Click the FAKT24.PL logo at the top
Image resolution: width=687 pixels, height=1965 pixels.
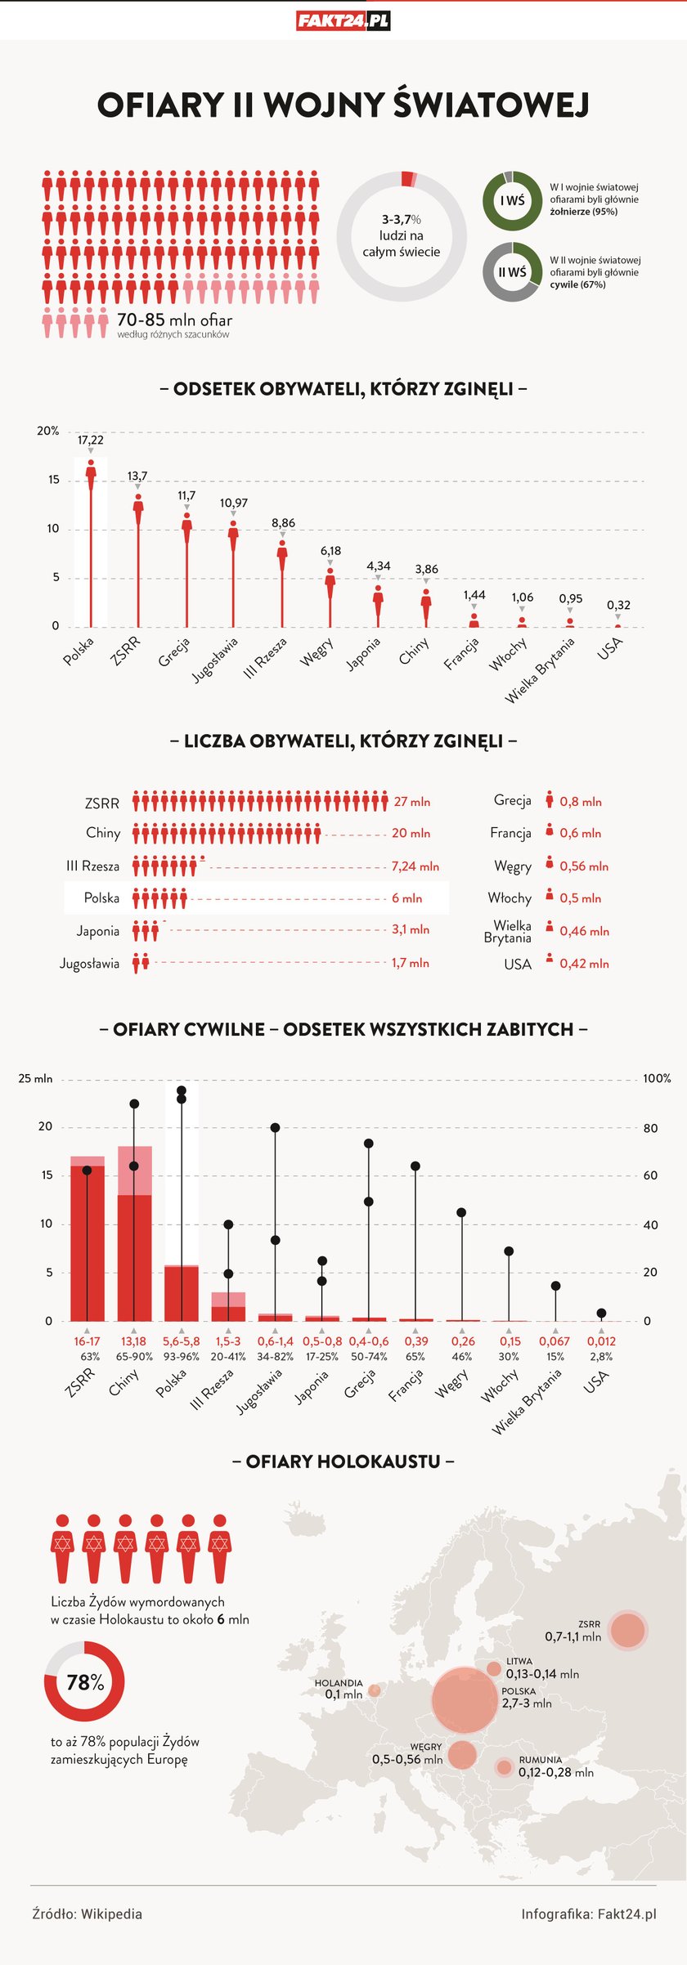[343, 21]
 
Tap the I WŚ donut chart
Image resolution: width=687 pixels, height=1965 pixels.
[512, 200]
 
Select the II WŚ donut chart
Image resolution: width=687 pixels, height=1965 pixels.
[512, 272]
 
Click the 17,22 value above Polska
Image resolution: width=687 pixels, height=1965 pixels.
[91, 441]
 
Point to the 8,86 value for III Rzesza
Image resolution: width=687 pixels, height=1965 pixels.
[283, 523]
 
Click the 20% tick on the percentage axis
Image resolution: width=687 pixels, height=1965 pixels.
[48, 431]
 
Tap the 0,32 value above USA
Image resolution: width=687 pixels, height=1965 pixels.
[618, 605]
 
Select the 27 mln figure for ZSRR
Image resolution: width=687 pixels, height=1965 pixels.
[411, 802]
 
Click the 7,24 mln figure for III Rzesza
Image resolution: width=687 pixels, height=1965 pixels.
[415, 866]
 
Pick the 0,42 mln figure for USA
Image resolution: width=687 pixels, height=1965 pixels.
[584, 964]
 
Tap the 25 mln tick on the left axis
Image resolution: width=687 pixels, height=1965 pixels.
[35, 1079]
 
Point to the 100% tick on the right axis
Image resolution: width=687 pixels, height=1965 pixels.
[657, 1079]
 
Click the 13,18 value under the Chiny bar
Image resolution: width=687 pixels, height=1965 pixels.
[133, 1341]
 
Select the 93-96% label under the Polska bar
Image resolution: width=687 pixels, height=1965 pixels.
[181, 1357]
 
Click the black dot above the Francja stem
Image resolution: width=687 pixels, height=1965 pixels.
[415, 1166]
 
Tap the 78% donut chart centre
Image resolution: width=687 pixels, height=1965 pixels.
[85, 1682]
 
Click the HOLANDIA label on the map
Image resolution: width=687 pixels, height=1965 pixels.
[339, 1683]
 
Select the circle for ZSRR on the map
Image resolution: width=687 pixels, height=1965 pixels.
[628, 1631]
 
